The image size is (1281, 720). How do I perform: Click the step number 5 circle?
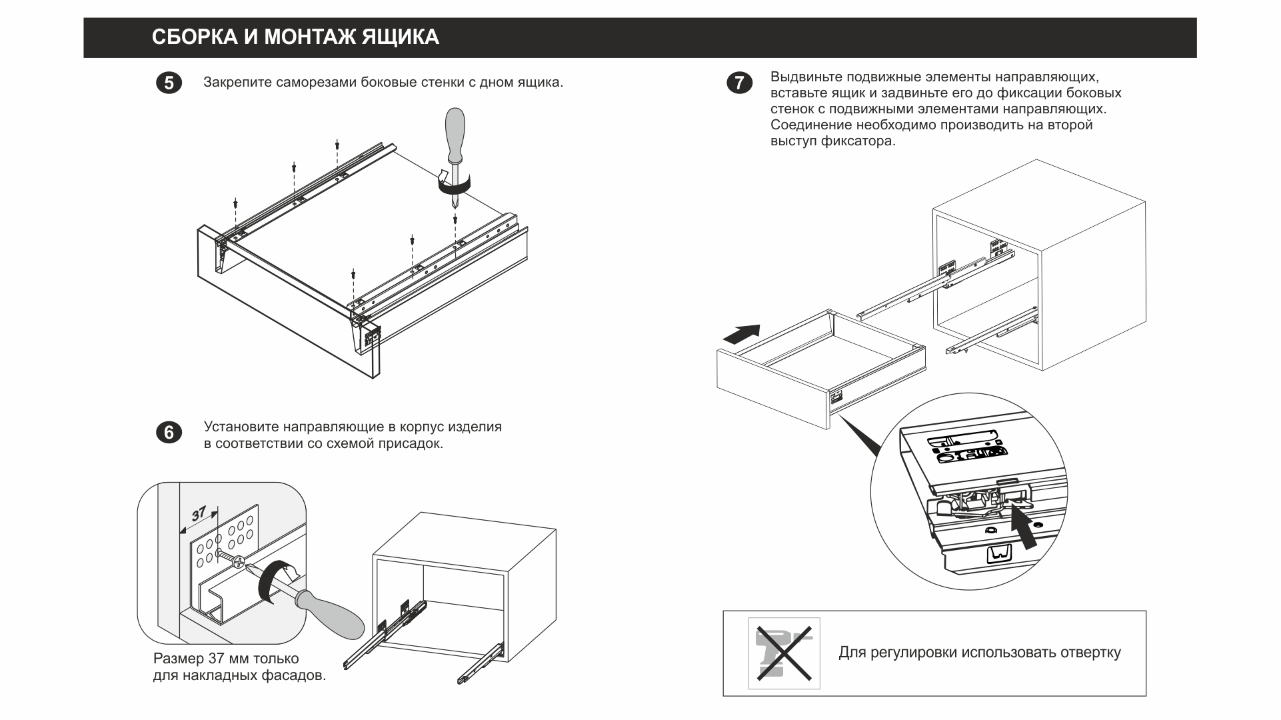point(169,83)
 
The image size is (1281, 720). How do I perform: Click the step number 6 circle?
point(169,433)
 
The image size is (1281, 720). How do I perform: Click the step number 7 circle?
point(738,83)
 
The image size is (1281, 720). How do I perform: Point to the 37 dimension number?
point(199,514)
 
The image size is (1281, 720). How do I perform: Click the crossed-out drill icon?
point(784,653)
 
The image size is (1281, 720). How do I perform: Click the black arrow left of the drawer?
point(741,333)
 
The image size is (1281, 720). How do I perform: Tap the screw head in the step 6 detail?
point(238,563)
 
